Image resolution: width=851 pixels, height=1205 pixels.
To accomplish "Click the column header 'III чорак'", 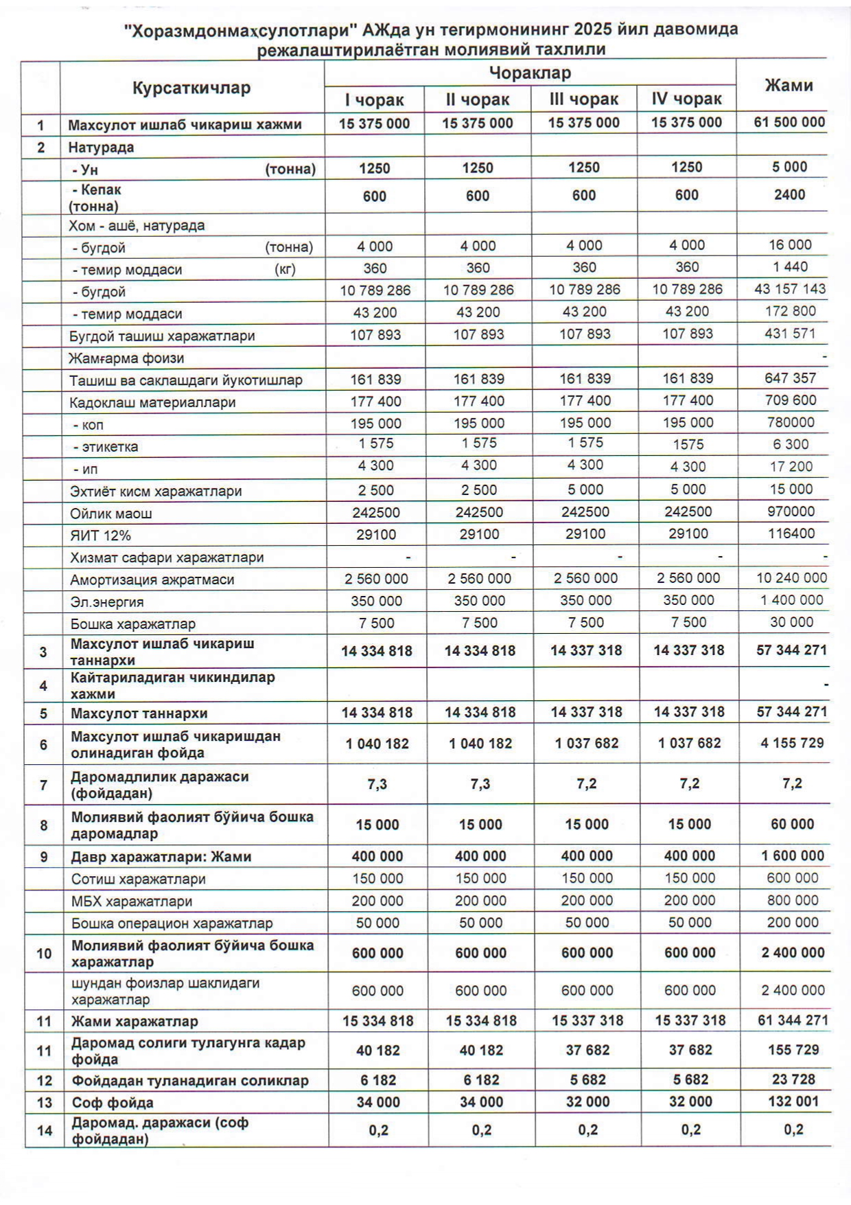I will click(x=584, y=100).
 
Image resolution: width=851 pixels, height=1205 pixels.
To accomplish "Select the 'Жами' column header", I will click(x=789, y=86).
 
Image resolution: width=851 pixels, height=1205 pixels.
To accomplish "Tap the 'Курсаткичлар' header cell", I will click(x=191, y=88).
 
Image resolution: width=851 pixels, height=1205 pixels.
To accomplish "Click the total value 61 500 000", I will click(x=789, y=123).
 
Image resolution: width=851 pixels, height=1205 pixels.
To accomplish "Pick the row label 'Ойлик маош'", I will click(x=111, y=514).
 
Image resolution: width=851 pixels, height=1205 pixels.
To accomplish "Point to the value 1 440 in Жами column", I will click(x=791, y=267).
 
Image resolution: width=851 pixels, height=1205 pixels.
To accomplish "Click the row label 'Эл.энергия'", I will click(x=107, y=602).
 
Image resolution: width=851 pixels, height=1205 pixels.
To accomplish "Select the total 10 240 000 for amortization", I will click(x=791, y=578).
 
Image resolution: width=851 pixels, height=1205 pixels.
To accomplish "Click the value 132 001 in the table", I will click(x=793, y=1101).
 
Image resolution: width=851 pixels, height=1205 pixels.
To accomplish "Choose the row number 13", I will click(x=45, y=1103).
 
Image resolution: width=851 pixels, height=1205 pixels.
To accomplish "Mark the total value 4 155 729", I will click(x=792, y=743).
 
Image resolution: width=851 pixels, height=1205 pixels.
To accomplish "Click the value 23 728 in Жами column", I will click(x=793, y=1079).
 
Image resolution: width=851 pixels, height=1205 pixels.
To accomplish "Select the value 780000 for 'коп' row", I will click(x=791, y=422).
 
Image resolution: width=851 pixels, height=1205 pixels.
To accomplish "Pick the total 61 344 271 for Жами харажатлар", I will click(x=793, y=1020).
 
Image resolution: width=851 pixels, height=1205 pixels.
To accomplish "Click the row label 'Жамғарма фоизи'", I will click(x=126, y=358).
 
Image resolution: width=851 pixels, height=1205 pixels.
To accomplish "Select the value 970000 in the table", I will click(x=791, y=512).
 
